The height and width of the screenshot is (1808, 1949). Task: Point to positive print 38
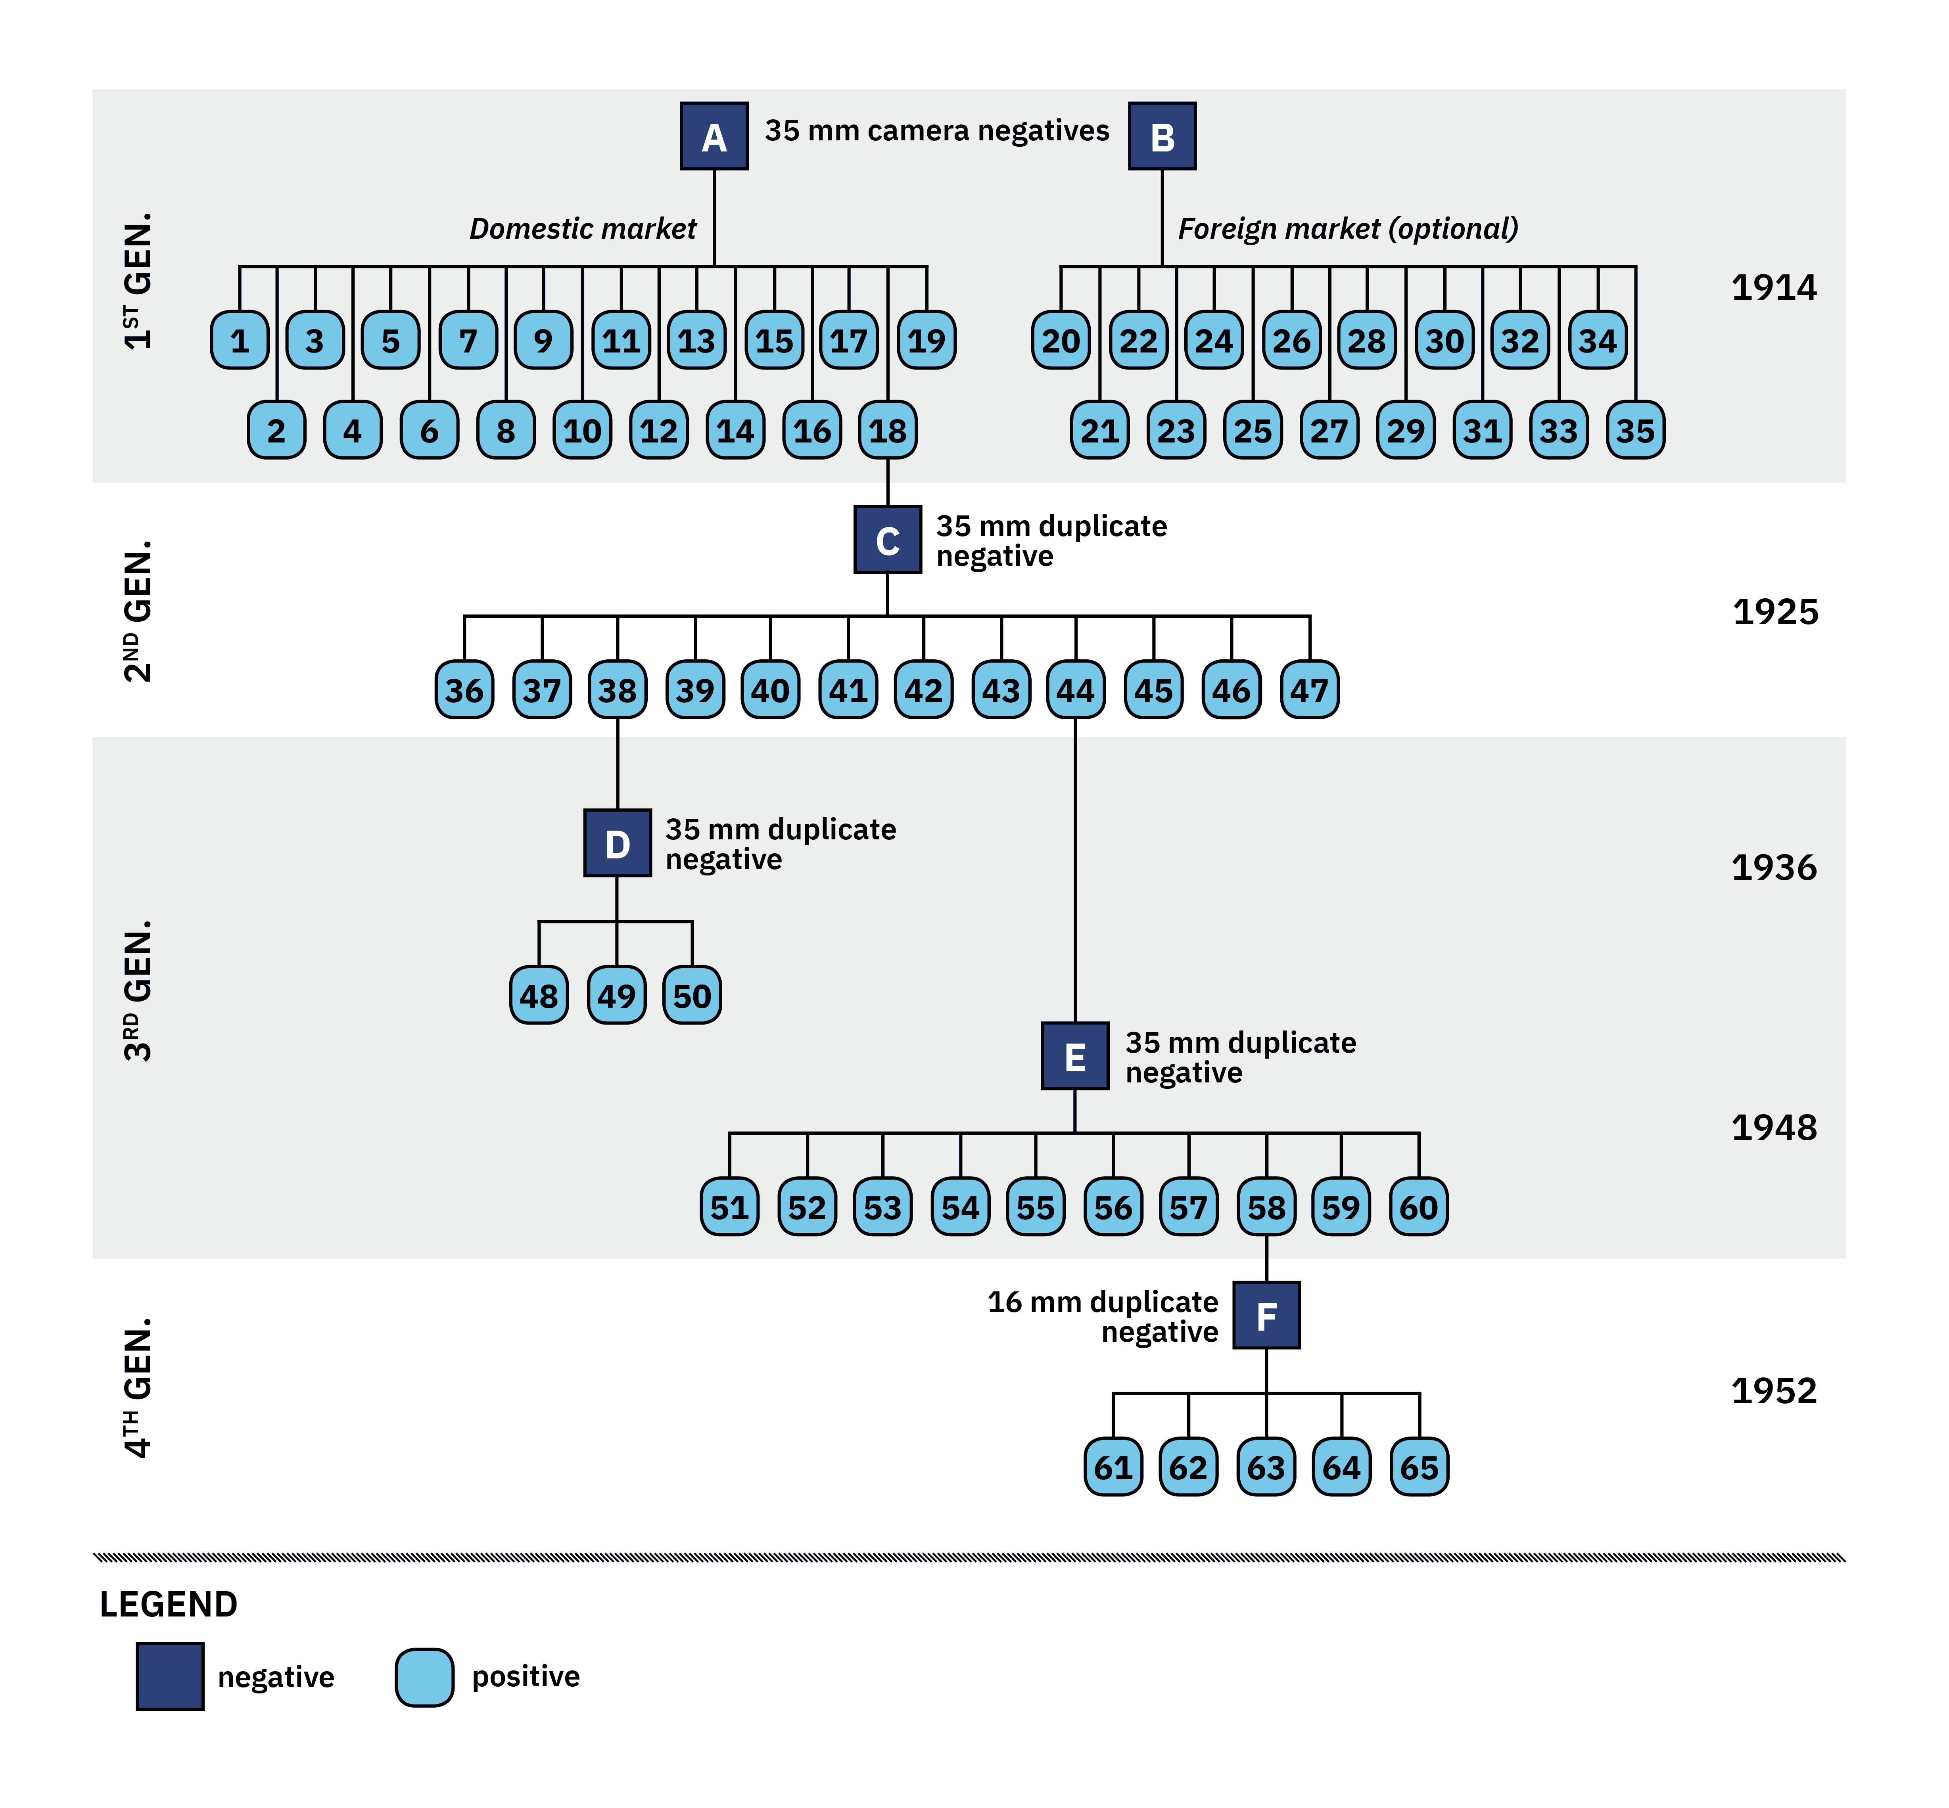coord(618,690)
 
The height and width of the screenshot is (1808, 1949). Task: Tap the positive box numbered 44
coord(1075,690)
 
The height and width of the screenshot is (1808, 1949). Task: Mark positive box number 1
coord(240,341)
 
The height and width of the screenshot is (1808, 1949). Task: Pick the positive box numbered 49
coord(616,995)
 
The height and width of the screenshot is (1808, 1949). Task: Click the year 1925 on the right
coord(1775,611)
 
